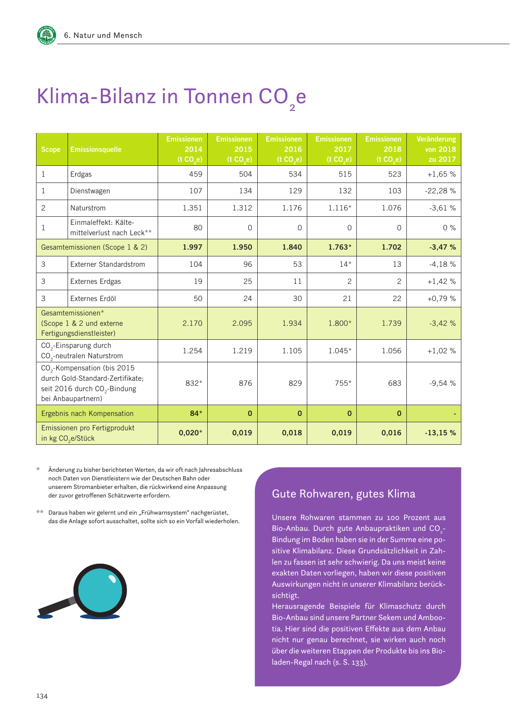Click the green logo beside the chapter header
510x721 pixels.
46,35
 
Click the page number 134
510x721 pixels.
42,696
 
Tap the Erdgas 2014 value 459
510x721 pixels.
196,174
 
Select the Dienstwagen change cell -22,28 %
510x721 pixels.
440,191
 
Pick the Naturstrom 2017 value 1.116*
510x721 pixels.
339,208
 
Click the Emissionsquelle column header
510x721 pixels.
96,149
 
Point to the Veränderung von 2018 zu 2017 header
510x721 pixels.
436,149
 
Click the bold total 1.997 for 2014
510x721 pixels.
192,247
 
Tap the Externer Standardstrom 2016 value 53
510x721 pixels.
296,264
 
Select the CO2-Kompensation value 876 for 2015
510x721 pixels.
246,383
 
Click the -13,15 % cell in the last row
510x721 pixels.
440,433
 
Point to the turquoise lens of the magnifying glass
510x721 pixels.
100,590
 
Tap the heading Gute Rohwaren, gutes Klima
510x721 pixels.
343,494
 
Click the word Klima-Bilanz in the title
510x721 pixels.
96,96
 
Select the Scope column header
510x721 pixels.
50,149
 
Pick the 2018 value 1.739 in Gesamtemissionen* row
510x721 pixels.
391,323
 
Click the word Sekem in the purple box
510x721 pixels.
403,617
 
